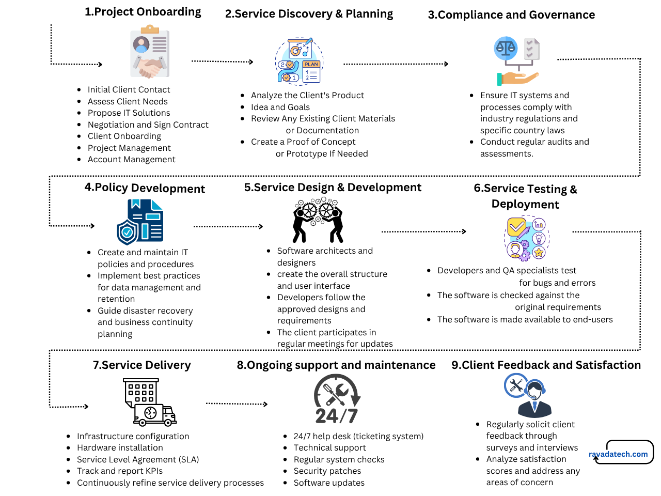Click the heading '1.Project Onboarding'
click(143, 12)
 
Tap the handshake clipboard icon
click(150, 53)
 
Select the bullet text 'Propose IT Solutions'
click(129, 113)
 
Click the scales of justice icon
click(516, 61)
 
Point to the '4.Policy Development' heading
click(145, 188)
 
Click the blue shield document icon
click(140, 222)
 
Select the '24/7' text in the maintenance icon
click(337, 416)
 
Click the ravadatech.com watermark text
click(618, 454)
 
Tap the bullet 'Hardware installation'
click(120, 447)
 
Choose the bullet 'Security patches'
click(327, 471)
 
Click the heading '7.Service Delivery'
click(141, 365)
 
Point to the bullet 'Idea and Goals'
click(280, 107)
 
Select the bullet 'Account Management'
click(131, 159)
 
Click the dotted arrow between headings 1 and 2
click(222, 61)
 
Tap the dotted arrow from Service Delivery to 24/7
click(237, 404)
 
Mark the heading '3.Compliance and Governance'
click(511, 15)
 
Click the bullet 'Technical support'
click(329, 447)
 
